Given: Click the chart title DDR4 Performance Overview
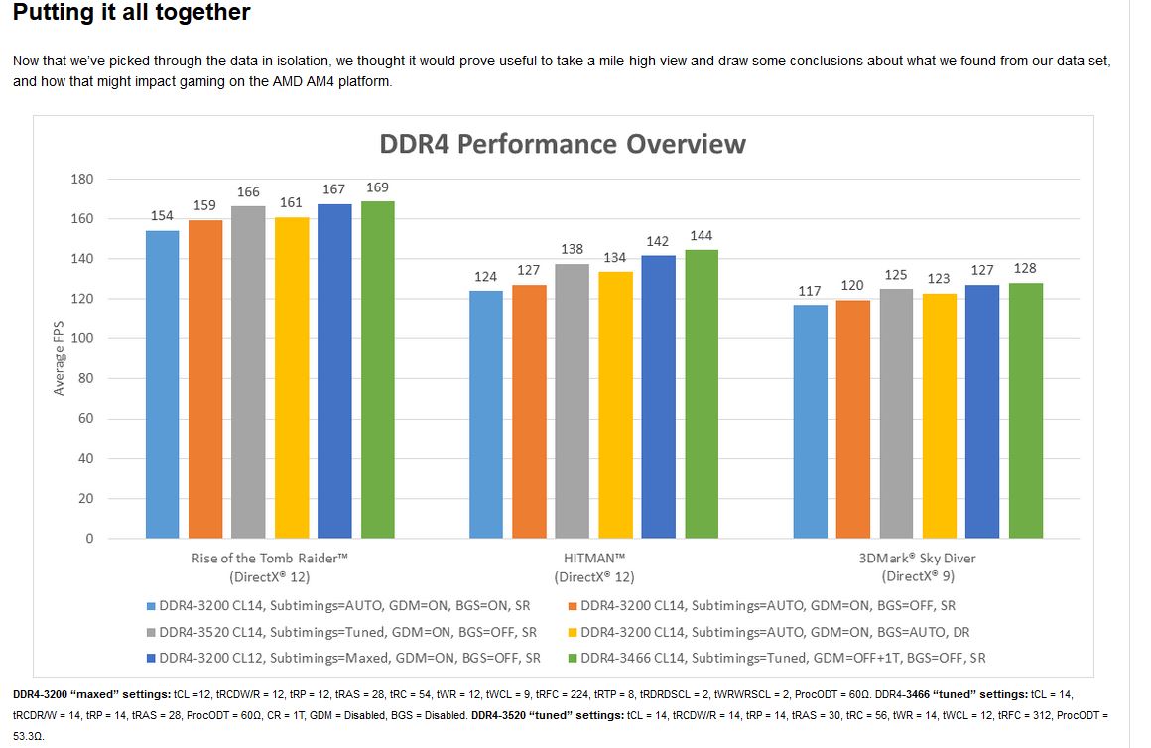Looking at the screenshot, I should (563, 144).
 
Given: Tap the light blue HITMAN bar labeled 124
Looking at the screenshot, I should (486, 415).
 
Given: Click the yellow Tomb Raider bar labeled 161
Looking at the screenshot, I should (292, 378).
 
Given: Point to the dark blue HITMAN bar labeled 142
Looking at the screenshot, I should (658, 397).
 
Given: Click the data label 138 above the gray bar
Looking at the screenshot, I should (573, 250).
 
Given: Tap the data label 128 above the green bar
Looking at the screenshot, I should (1026, 269).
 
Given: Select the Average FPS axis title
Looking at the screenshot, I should (59, 359).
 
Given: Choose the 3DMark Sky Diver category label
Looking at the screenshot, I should (918, 559).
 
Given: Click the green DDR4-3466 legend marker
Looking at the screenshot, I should (572, 658).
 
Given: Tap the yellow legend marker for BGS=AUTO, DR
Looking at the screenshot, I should (572, 632).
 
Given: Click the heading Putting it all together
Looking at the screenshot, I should (131, 13).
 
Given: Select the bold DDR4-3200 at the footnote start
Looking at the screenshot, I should (38, 695).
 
